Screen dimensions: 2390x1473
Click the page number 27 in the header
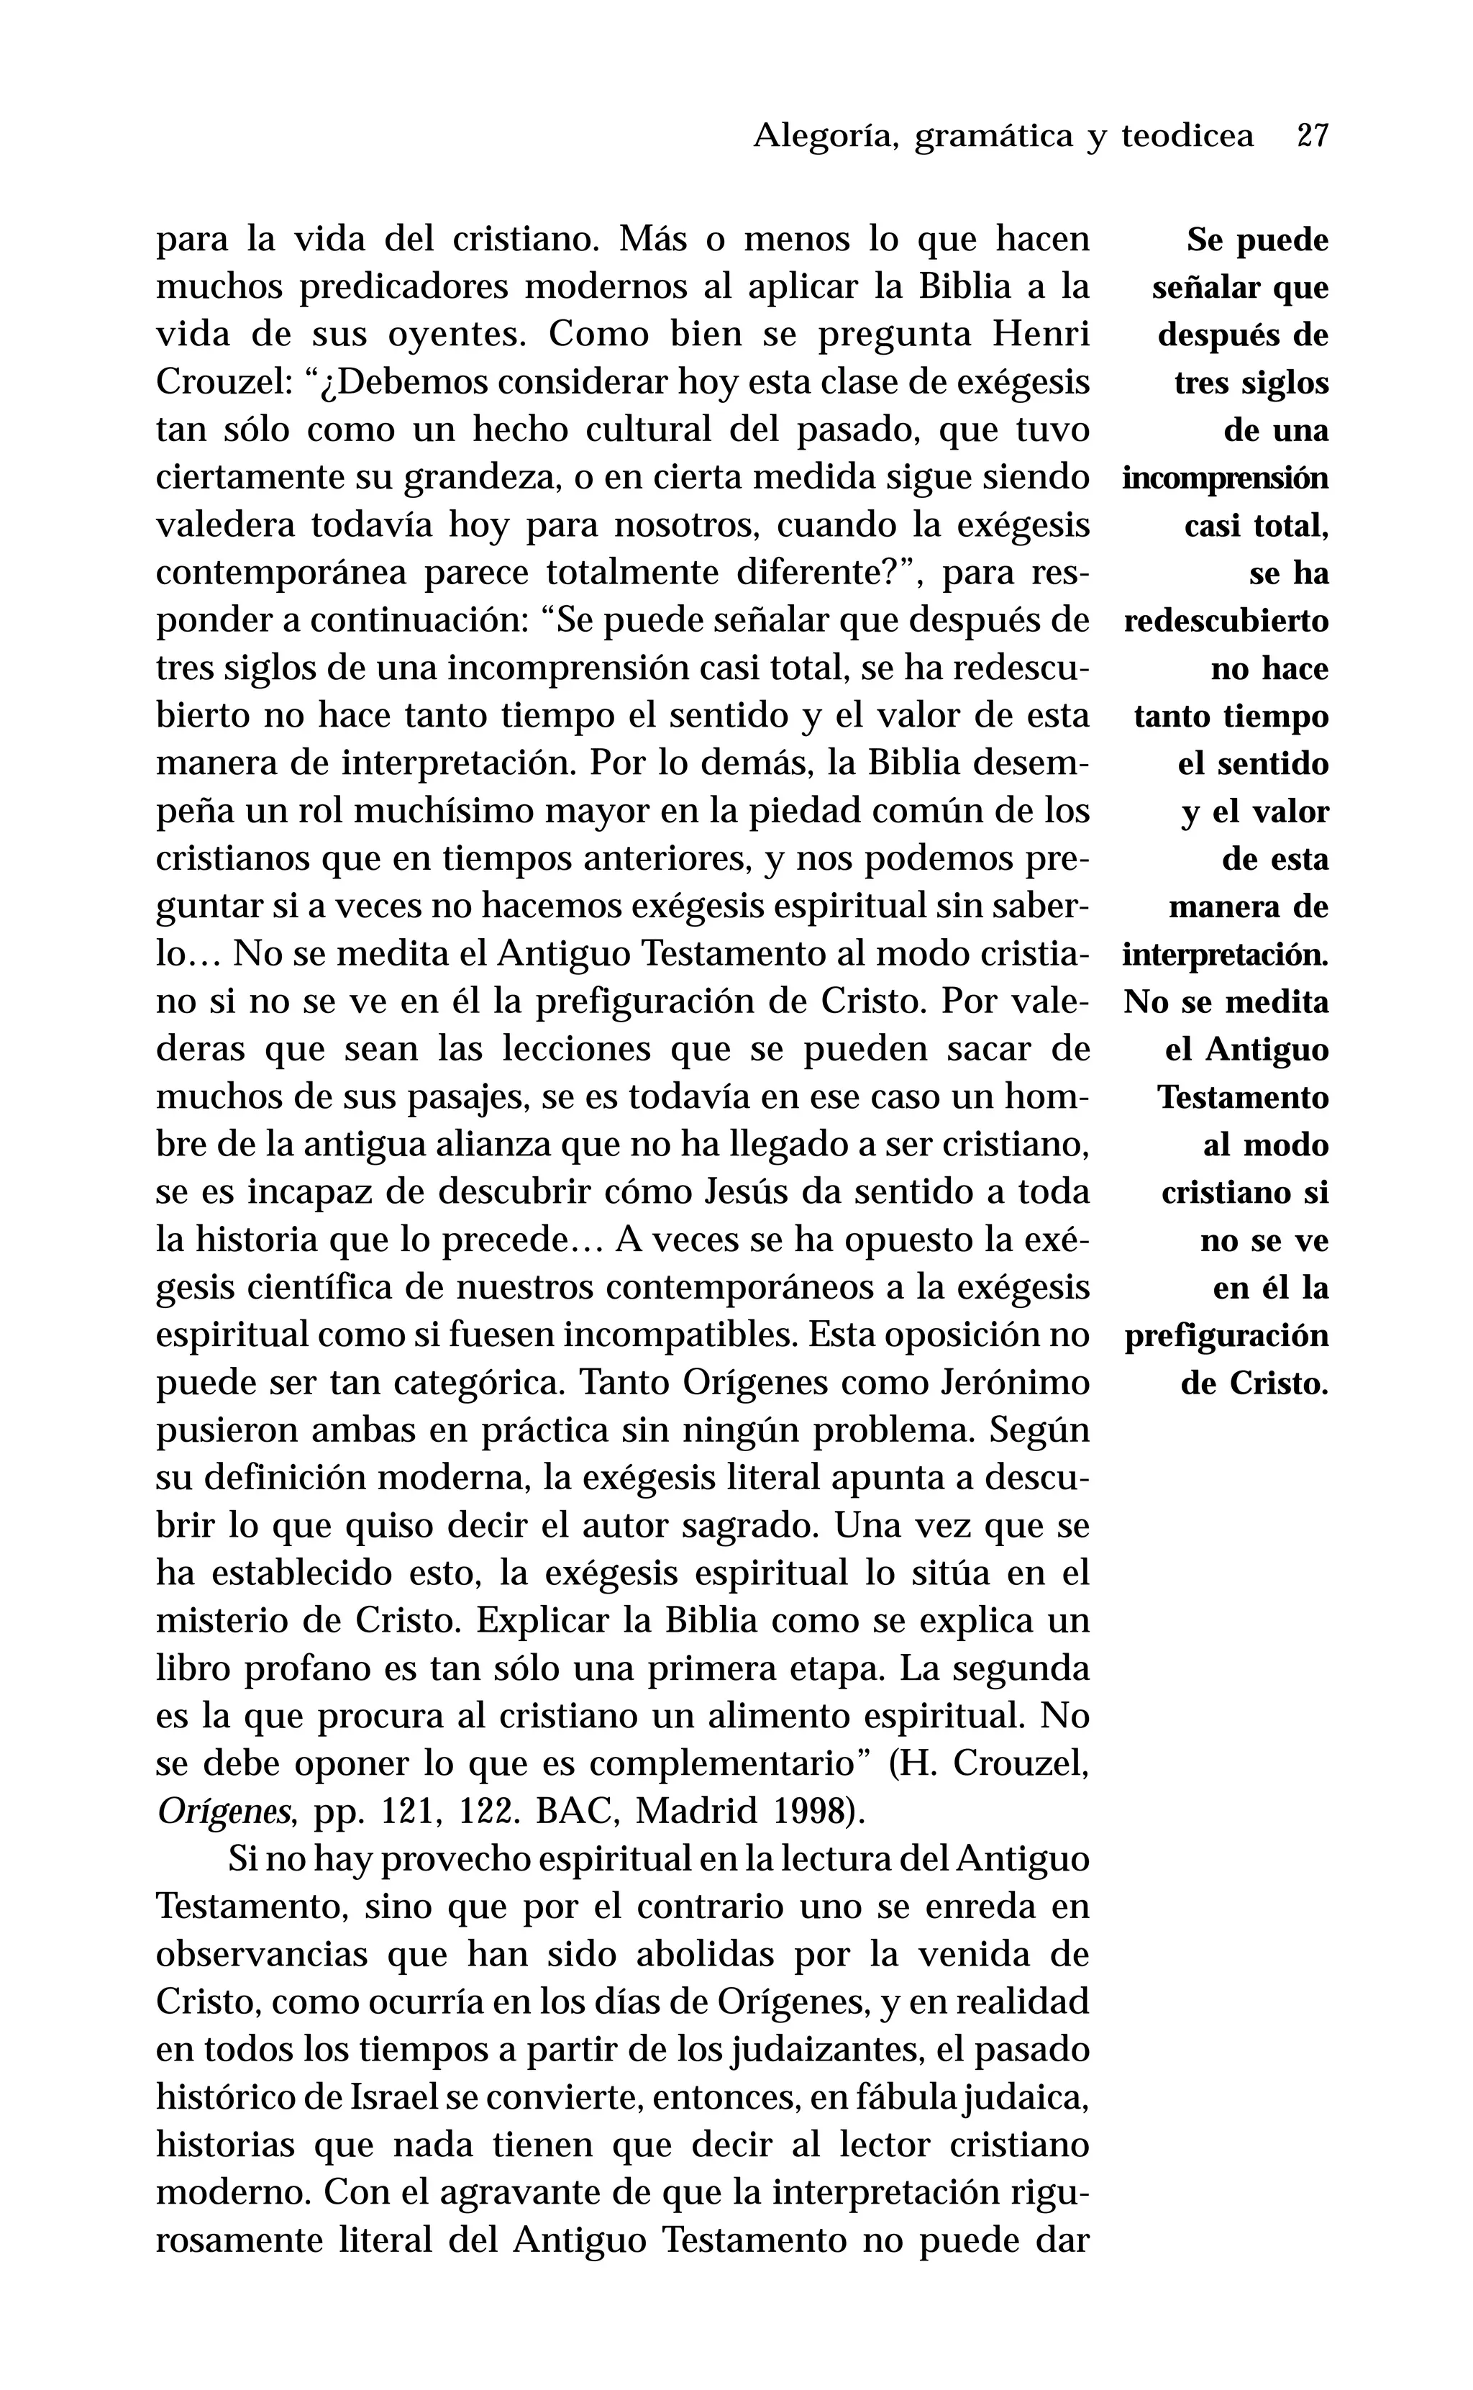1313,135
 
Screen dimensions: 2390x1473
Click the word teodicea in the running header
1187,135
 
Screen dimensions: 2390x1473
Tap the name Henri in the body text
1041,335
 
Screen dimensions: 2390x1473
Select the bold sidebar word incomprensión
1225,478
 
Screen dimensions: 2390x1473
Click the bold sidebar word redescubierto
1226,621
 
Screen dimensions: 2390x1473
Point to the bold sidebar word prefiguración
1226,1335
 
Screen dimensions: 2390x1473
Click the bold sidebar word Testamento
1242,1097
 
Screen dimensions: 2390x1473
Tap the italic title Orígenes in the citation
224,1812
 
